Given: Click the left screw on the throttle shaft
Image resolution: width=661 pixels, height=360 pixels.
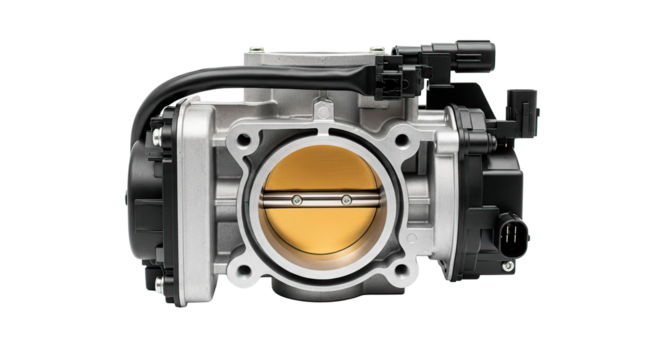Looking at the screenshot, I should click(297, 200).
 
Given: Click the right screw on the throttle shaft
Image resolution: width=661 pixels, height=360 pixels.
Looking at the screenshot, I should click(345, 200).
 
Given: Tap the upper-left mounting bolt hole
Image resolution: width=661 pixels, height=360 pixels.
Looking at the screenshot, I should click(239, 139).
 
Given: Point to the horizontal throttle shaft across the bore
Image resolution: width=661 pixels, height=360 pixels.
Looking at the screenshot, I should click(320, 200).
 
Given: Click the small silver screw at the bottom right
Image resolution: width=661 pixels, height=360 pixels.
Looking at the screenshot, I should click(508, 266).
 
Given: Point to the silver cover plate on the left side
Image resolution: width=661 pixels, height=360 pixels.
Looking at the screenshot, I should click(196, 200).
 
